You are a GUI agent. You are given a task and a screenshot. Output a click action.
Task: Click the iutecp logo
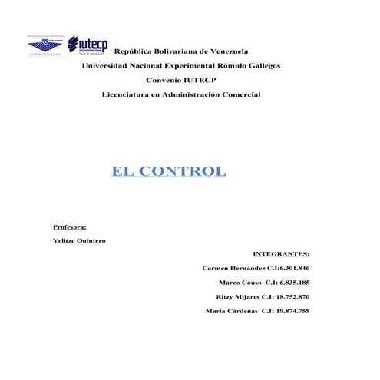(88, 45)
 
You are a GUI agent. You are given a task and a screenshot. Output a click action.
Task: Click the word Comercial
(238, 94)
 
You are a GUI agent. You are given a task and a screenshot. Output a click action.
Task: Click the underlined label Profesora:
(69, 227)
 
